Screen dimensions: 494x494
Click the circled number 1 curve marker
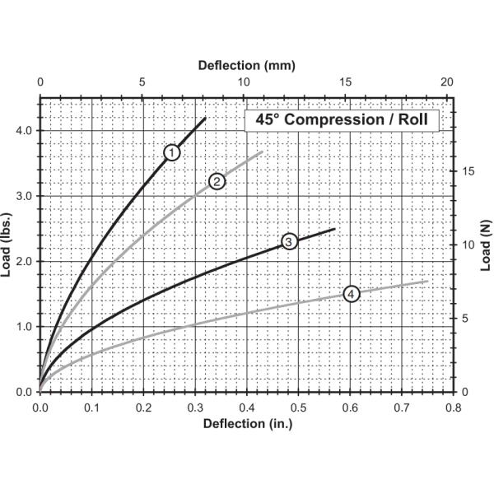tap(171, 152)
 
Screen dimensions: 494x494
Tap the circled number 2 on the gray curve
tap(217, 181)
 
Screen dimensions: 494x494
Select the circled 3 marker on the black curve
tap(289, 241)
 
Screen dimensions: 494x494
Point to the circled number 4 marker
tap(352, 294)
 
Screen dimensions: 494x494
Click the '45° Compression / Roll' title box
tap(342, 119)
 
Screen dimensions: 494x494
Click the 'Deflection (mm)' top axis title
tap(246, 65)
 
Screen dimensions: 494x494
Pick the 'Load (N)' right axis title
tap(486, 245)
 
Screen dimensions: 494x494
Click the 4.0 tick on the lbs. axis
tap(22, 131)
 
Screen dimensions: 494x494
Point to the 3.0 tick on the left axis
tap(22, 196)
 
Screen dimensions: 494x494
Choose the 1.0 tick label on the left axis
tap(22, 327)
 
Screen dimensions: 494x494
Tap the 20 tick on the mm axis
tap(447, 83)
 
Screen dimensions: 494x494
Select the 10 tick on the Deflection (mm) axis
tap(243, 83)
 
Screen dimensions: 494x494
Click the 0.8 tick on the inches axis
tap(452, 407)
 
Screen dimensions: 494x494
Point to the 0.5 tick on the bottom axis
tap(297, 407)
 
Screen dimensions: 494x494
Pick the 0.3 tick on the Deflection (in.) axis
tap(194, 407)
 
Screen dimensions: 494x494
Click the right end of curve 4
tap(427, 281)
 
